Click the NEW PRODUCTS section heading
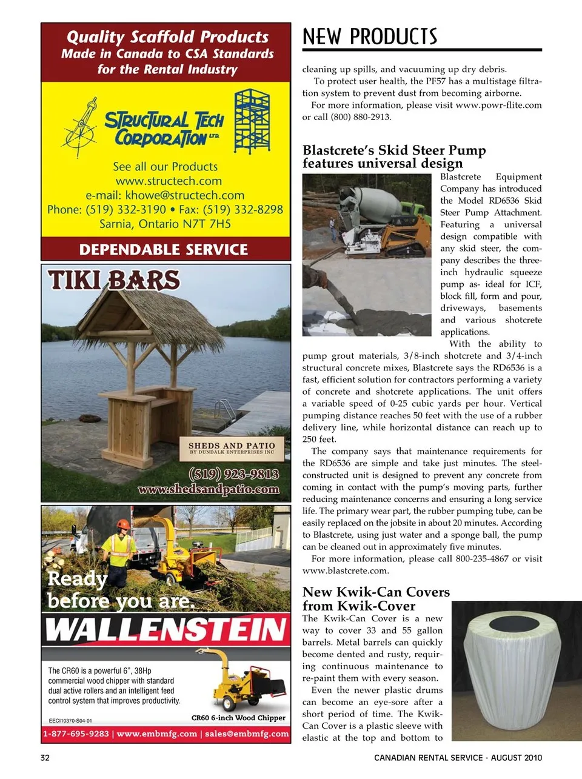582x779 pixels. point(370,37)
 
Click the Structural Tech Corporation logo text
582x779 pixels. point(164,129)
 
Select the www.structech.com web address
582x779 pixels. point(169,181)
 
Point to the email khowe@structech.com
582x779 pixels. point(165,195)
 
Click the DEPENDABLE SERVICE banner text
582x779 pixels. point(164,250)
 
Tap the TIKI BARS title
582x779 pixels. point(114,280)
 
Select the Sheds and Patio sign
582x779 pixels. point(232,448)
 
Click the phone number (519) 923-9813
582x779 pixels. point(234,473)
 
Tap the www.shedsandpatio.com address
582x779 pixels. point(209,489)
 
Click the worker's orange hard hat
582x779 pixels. point(123,524)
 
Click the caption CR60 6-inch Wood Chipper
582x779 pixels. point(238,718)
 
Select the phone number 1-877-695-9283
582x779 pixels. point(76,734)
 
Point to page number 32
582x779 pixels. point(45,758)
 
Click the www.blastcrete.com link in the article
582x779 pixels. point(346,570)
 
